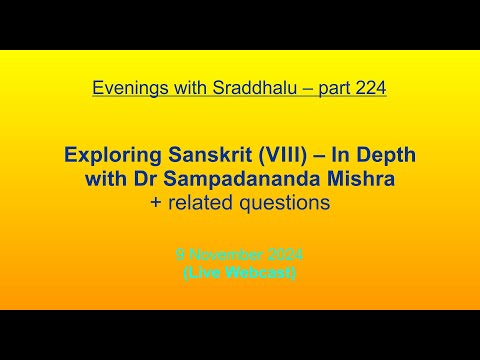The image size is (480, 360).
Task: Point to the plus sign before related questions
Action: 151,203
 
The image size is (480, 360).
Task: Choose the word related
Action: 195,203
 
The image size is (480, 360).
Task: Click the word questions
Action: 281,203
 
